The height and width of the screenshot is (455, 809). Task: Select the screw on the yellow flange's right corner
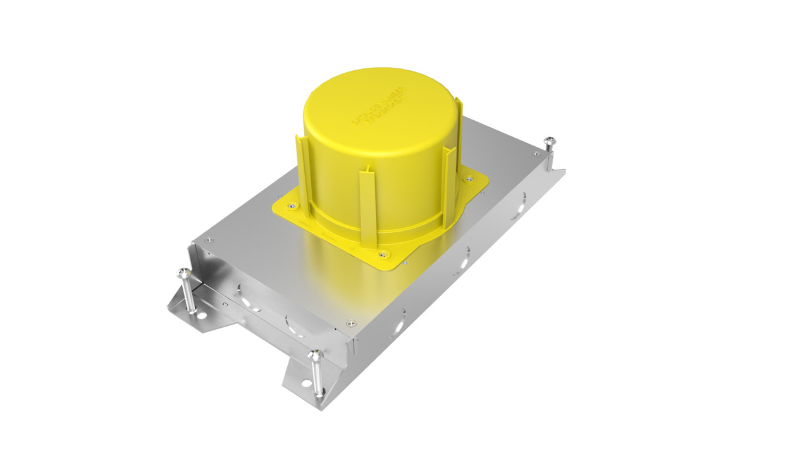(469, 179)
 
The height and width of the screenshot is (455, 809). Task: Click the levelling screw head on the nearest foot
(314, 356)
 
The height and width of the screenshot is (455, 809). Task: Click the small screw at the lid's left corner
(209, 239)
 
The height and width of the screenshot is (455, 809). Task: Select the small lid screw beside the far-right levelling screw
(535, 153)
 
